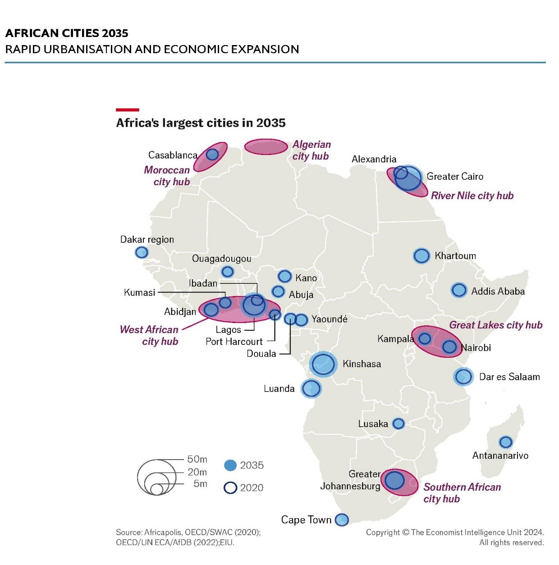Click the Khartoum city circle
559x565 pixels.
pyautogui.click(x=422, y=256)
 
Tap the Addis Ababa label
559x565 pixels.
pyautogui.click(x=498, y=292)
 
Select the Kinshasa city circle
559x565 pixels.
pyautogui.click(x=323, y=364)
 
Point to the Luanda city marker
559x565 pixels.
pyautogui.click(x=311, y=388)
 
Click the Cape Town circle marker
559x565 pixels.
pyautogui.click(x=342, y=519)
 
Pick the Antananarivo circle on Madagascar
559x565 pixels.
pyautogui.click(x=506, y=442)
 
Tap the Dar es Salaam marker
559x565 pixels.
pyautogui.click(x=463, y=377)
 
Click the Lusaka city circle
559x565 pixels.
pyautogui.click(x=399, y=424)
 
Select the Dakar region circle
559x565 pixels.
pyautogui.click(x=142, y=252)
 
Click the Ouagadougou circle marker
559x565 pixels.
pyautogui.click(x=228, y=272)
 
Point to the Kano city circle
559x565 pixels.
pyautogui.click(x=285, y=276)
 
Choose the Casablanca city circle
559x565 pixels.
pyautogui.click(x=212, y=155)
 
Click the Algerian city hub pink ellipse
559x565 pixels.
pyautogui.click(x=266, y=147)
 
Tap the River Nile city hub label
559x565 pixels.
pyautogui.click(x=472, y=196)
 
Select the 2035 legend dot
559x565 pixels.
pyautogui.click(x=230, y=465)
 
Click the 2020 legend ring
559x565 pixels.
pyautogui.click(x=230, y=488)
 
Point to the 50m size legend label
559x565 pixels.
pyautogui.click(x=197, y=459)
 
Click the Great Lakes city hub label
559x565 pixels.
pyautogui.click(x=495, y=325)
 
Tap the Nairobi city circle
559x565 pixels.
pyautogui.click(x=449, y=346)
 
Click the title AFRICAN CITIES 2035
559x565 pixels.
pyautogui.click(x=67, y=33)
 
